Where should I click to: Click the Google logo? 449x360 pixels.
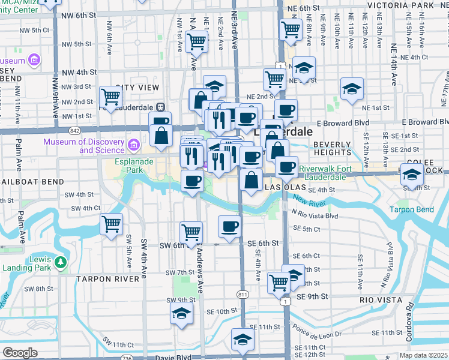pos(20,353)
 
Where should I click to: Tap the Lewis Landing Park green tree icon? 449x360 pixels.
pos(60,262)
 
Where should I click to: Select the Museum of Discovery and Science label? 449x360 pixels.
pos(84,146)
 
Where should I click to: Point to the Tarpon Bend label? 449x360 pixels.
pos(411,209)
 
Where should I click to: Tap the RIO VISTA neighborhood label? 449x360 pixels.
pos(379,299)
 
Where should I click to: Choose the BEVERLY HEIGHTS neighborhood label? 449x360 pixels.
pos(332,149)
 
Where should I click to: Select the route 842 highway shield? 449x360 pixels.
pos(74,130)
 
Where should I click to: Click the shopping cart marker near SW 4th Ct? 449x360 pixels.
pos(111,224)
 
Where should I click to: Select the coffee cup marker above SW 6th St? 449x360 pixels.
pos(229,226)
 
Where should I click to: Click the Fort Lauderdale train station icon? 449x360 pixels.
pos(160,107)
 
